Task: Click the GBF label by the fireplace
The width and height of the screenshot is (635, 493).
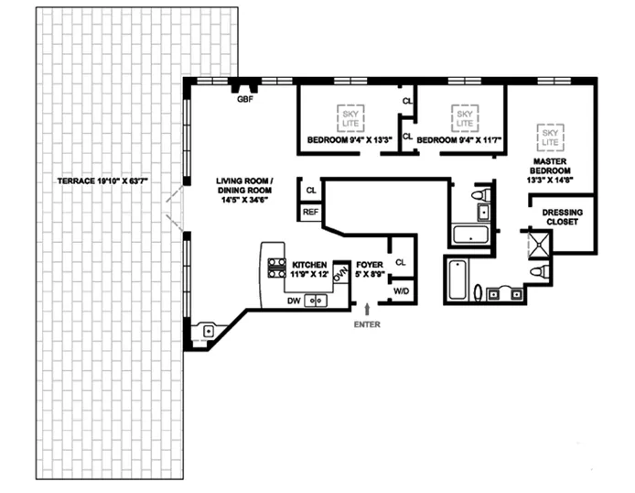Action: (245, 98)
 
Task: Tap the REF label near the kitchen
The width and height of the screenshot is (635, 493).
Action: (311, 211)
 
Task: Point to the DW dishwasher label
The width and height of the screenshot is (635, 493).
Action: (294, 300)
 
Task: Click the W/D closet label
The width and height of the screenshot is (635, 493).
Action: (401, 290)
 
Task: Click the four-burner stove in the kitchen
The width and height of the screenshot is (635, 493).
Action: (275, 268)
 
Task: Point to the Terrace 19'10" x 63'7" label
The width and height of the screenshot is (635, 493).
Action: (101, 181)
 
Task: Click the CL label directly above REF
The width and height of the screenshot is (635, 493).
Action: (311, 190)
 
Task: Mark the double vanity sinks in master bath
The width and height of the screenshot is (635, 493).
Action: (507, 293)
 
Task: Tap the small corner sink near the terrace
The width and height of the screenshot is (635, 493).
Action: (210, 331)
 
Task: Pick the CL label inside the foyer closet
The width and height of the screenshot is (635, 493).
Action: (400, 262)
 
